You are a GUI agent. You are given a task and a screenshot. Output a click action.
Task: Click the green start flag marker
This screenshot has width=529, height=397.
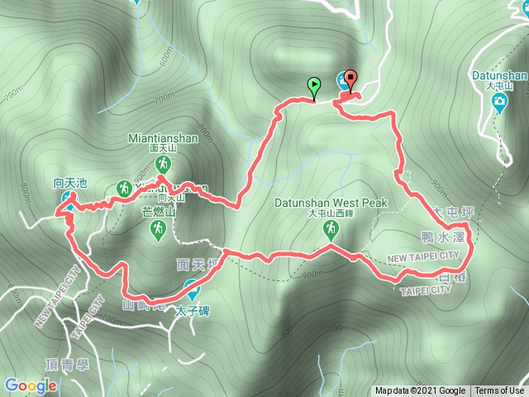click(314, 85)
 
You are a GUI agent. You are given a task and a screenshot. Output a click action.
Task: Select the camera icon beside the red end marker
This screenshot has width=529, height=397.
click(341, 81)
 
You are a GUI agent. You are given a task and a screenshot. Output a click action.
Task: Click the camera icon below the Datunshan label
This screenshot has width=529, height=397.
click(499, 103)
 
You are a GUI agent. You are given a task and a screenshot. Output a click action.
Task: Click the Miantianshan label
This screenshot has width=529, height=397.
click(163, 138)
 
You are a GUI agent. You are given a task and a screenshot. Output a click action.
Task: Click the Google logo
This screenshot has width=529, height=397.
click(31, 385)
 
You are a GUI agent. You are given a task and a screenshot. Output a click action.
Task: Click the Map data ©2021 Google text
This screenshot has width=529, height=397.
click(421, 391)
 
